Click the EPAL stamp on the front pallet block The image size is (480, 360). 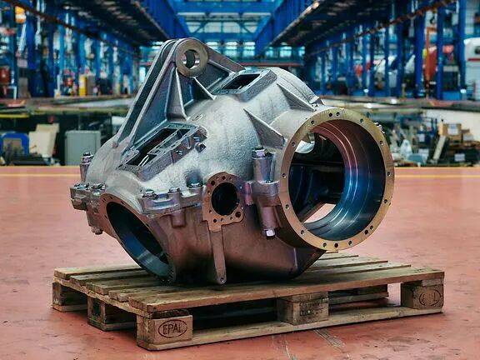172,329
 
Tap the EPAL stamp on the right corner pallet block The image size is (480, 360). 430,297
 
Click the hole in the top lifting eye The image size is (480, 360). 190,59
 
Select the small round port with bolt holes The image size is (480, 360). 225,198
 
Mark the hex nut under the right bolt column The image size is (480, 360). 270,232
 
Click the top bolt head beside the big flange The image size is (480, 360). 259,152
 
